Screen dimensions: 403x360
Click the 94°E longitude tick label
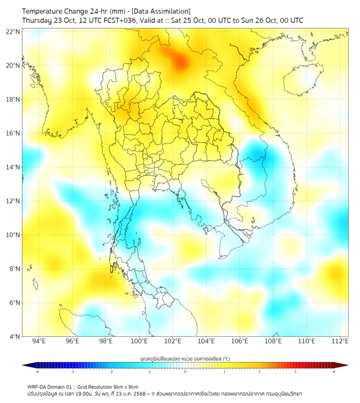coord(38,342)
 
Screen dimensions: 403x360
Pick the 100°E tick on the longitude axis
coord(139,342)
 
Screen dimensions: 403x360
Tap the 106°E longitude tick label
coord(240,342)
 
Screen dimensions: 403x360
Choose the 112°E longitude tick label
coord(340,342)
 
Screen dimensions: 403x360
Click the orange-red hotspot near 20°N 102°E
coord(181,63)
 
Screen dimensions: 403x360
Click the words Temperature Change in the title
coord(51,11)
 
